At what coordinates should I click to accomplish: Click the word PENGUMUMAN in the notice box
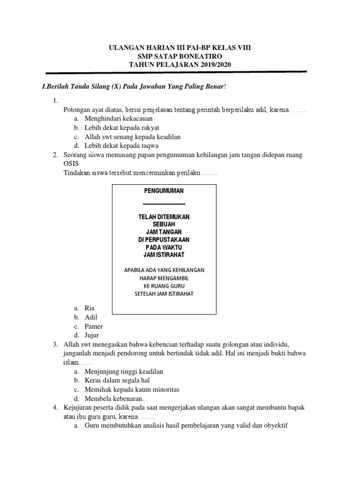tap(164, 191)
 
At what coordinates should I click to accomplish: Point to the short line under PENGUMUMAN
tap(164, 204)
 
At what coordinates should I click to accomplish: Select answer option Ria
tap(90, 308)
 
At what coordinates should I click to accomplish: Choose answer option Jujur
tap(92, 335)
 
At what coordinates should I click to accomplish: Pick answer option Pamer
tap(94, 326)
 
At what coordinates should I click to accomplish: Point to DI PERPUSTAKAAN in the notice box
tap(164, 240)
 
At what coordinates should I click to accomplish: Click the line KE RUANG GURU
tap(164, 285)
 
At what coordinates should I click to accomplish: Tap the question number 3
tap(55, 345)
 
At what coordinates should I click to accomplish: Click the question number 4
tap(55, 408)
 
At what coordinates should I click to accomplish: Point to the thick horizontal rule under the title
tap(176, 73)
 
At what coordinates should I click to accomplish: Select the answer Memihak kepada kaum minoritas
tap(132, 390)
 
